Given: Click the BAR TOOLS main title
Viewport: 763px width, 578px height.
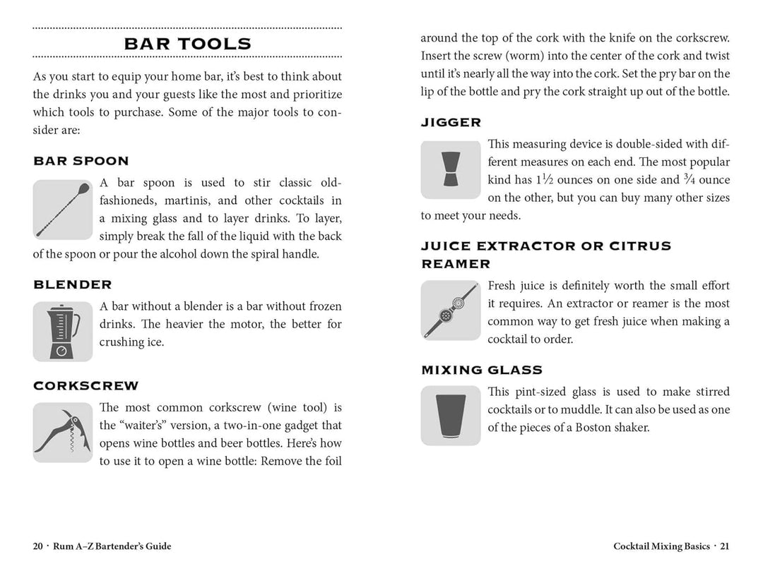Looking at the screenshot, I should pyautogui.click(x=187, y=44).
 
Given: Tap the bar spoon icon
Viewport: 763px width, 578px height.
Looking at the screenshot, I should pyautogui.click(x=63, y=210).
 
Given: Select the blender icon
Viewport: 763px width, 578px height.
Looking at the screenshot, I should pyautogui.click(x=63, y=331).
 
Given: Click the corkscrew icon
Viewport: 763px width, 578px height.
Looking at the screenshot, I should pyautogui.click(x=63, y=432).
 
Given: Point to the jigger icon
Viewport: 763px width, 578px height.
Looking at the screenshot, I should pyautogui.click(x=450, y=170).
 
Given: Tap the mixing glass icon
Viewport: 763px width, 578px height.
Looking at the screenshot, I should pyautogui.click(x=450, y=416).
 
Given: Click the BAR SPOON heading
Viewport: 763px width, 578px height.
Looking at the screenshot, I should pyautogui.click(x=81, y=161).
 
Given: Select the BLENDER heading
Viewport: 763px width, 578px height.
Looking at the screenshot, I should pyautogui.click(x=72, y=285).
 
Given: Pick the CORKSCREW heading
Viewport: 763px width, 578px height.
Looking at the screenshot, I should pyautogui.click(x=85, y=386).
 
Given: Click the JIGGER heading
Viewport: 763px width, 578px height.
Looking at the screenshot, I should pyautogui.click(x=451, y=123).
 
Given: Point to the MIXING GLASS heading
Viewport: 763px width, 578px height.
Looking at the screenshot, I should pyautogui.click(x=482, y=370).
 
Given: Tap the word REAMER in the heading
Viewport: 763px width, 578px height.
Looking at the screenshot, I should pyautogui.click(x=456, y=264).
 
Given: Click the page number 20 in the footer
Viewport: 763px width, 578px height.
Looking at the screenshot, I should pyautogui.click(x=37, y=546).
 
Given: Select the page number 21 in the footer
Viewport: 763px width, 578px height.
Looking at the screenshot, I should pyautogui.click(x=725, y=546).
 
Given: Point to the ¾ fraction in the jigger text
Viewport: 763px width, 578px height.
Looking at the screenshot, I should pyautogui.click(x=690, y=179).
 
